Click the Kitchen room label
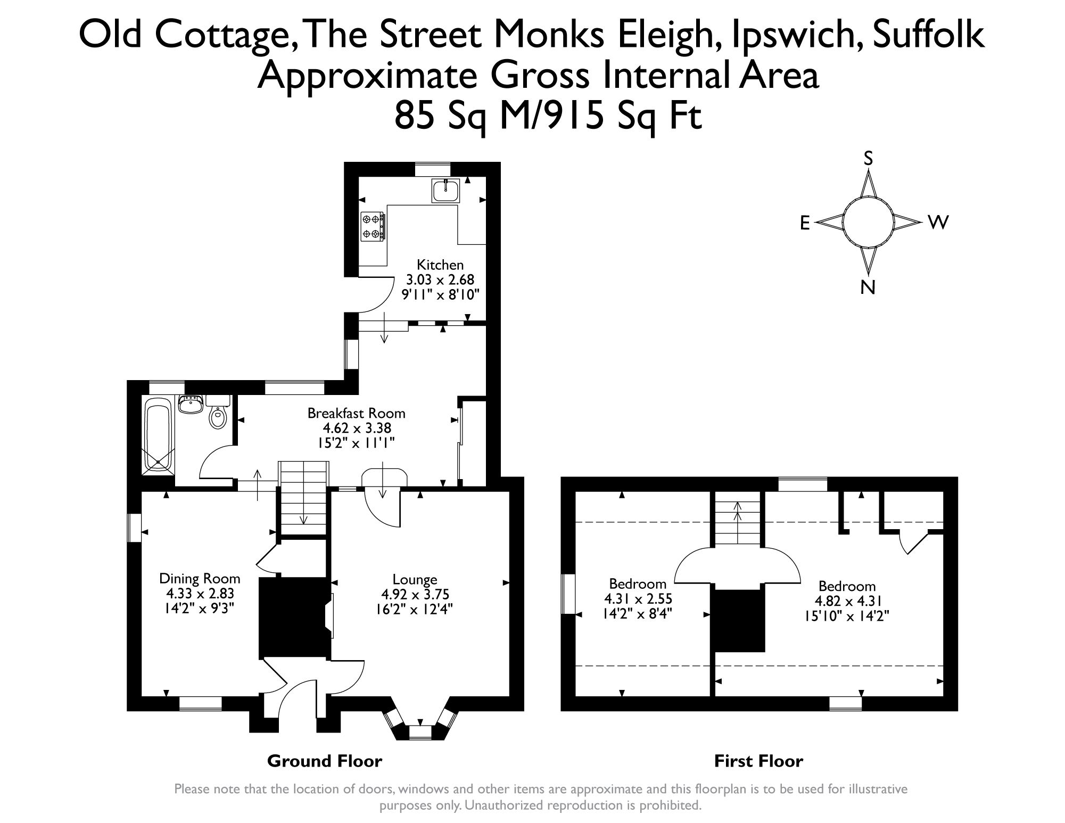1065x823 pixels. tap(440, 265)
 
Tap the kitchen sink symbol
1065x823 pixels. tap(446, 191)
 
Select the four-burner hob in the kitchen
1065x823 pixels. tap(372, 226)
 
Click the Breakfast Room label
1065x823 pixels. tap(356, 413)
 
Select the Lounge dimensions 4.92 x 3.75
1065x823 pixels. tap(415, 594)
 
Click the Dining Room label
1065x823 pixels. tap(200, 578)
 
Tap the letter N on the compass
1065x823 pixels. tap(868, 288)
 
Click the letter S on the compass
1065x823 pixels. tap(868, 158)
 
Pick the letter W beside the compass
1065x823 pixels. tap(938, 223)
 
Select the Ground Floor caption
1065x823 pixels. tap(324, 761)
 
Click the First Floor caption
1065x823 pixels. tap(758, 761)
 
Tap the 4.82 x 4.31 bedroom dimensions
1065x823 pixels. tap(846, 601)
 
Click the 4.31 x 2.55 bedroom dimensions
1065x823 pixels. tap(637, 598)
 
